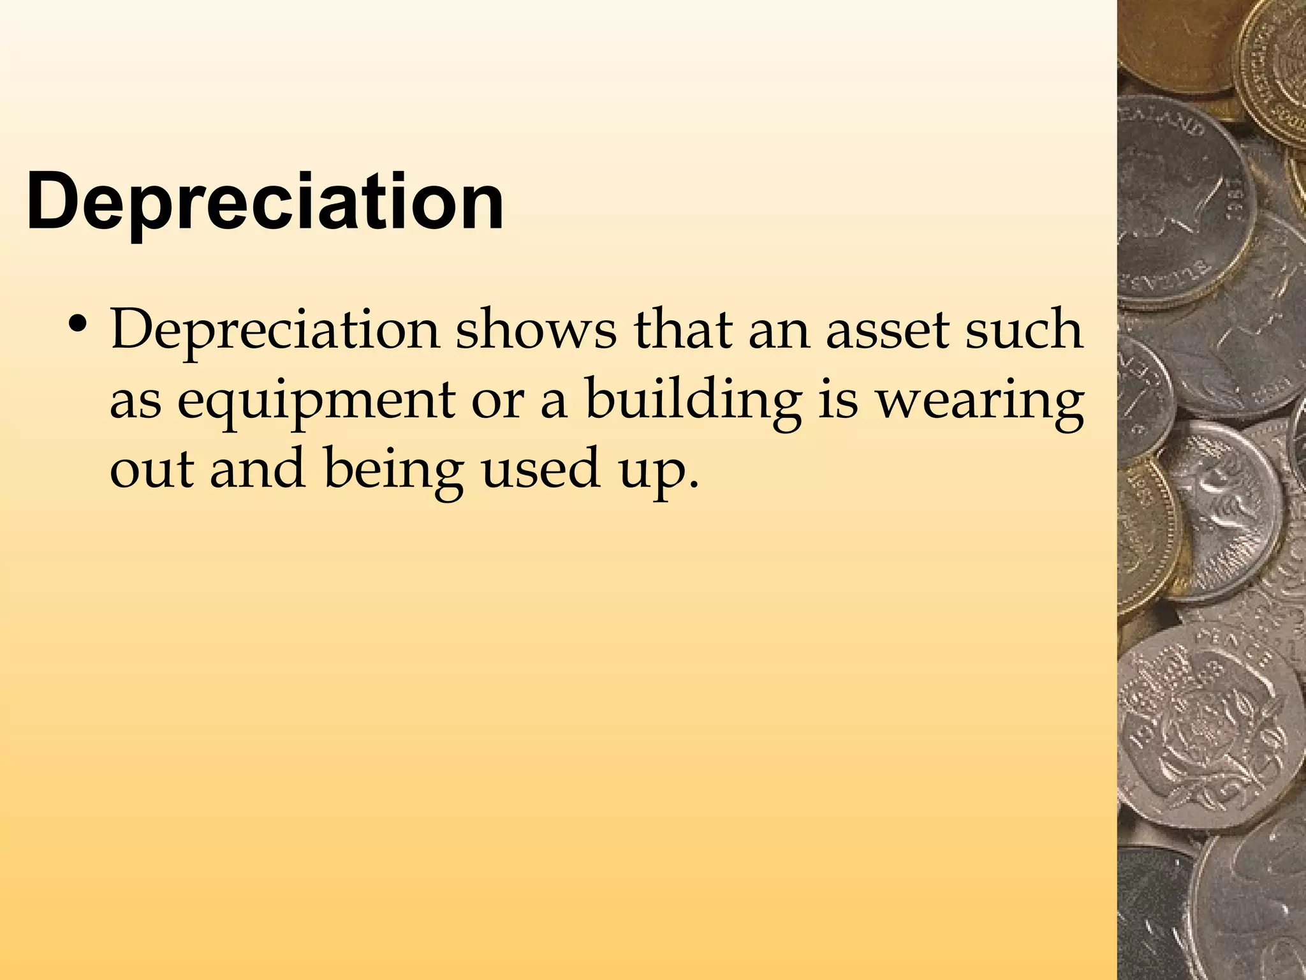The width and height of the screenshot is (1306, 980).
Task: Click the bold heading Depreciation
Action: click(x=265, y=203)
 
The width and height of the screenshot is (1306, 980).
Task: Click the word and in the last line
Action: click(x=258, y=468)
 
